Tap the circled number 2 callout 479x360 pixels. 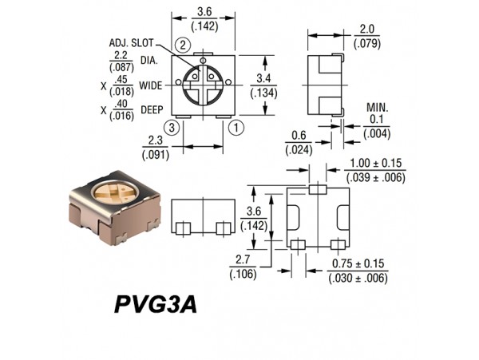(x=184, y=44)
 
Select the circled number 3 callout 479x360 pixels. (x=170, y=126)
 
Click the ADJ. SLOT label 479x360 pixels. (x=130, y=42)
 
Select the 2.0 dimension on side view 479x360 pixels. (x=366, y=28)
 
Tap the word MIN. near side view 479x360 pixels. (x=378, y=108)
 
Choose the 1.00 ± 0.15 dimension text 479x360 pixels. (x=376, y=164)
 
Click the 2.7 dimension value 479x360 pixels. (x=241, y=260)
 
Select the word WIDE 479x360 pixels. (x=151, y=85)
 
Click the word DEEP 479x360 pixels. (x=152, y=110)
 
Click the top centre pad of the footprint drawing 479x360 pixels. (x=318, y=190)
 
